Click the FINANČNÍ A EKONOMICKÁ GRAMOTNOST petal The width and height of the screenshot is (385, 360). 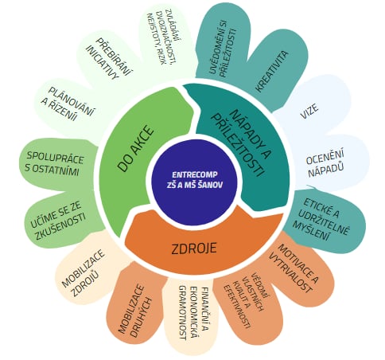point(192,313)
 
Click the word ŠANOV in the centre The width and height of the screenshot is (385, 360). point(210,185)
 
